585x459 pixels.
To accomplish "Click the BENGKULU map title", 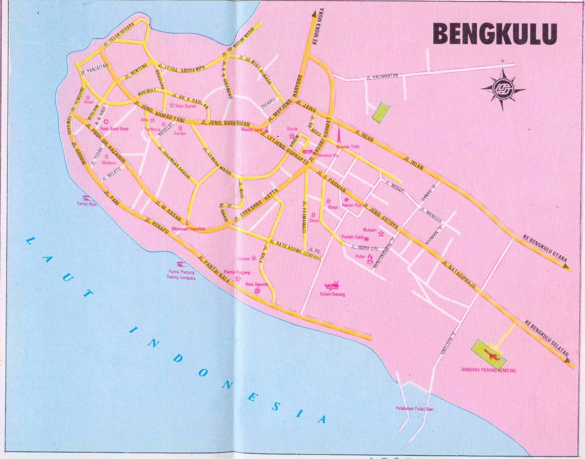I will [495, 34].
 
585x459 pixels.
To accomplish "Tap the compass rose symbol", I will [503, 89].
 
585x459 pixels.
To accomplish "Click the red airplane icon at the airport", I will [492, 354].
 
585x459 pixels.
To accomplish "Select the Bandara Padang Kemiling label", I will [488, 370].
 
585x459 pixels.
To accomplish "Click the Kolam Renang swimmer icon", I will [332, 285].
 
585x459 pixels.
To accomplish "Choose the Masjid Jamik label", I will [252, 129].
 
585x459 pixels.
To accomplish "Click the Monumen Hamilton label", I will [188, 229].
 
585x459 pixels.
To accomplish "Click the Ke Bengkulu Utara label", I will [545, 248].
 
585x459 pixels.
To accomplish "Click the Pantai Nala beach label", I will [86, 204].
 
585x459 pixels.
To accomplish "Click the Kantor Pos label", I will [352, 205].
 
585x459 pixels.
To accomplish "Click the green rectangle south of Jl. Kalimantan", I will [381, 112].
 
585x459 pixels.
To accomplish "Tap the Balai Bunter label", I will [186, 106].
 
